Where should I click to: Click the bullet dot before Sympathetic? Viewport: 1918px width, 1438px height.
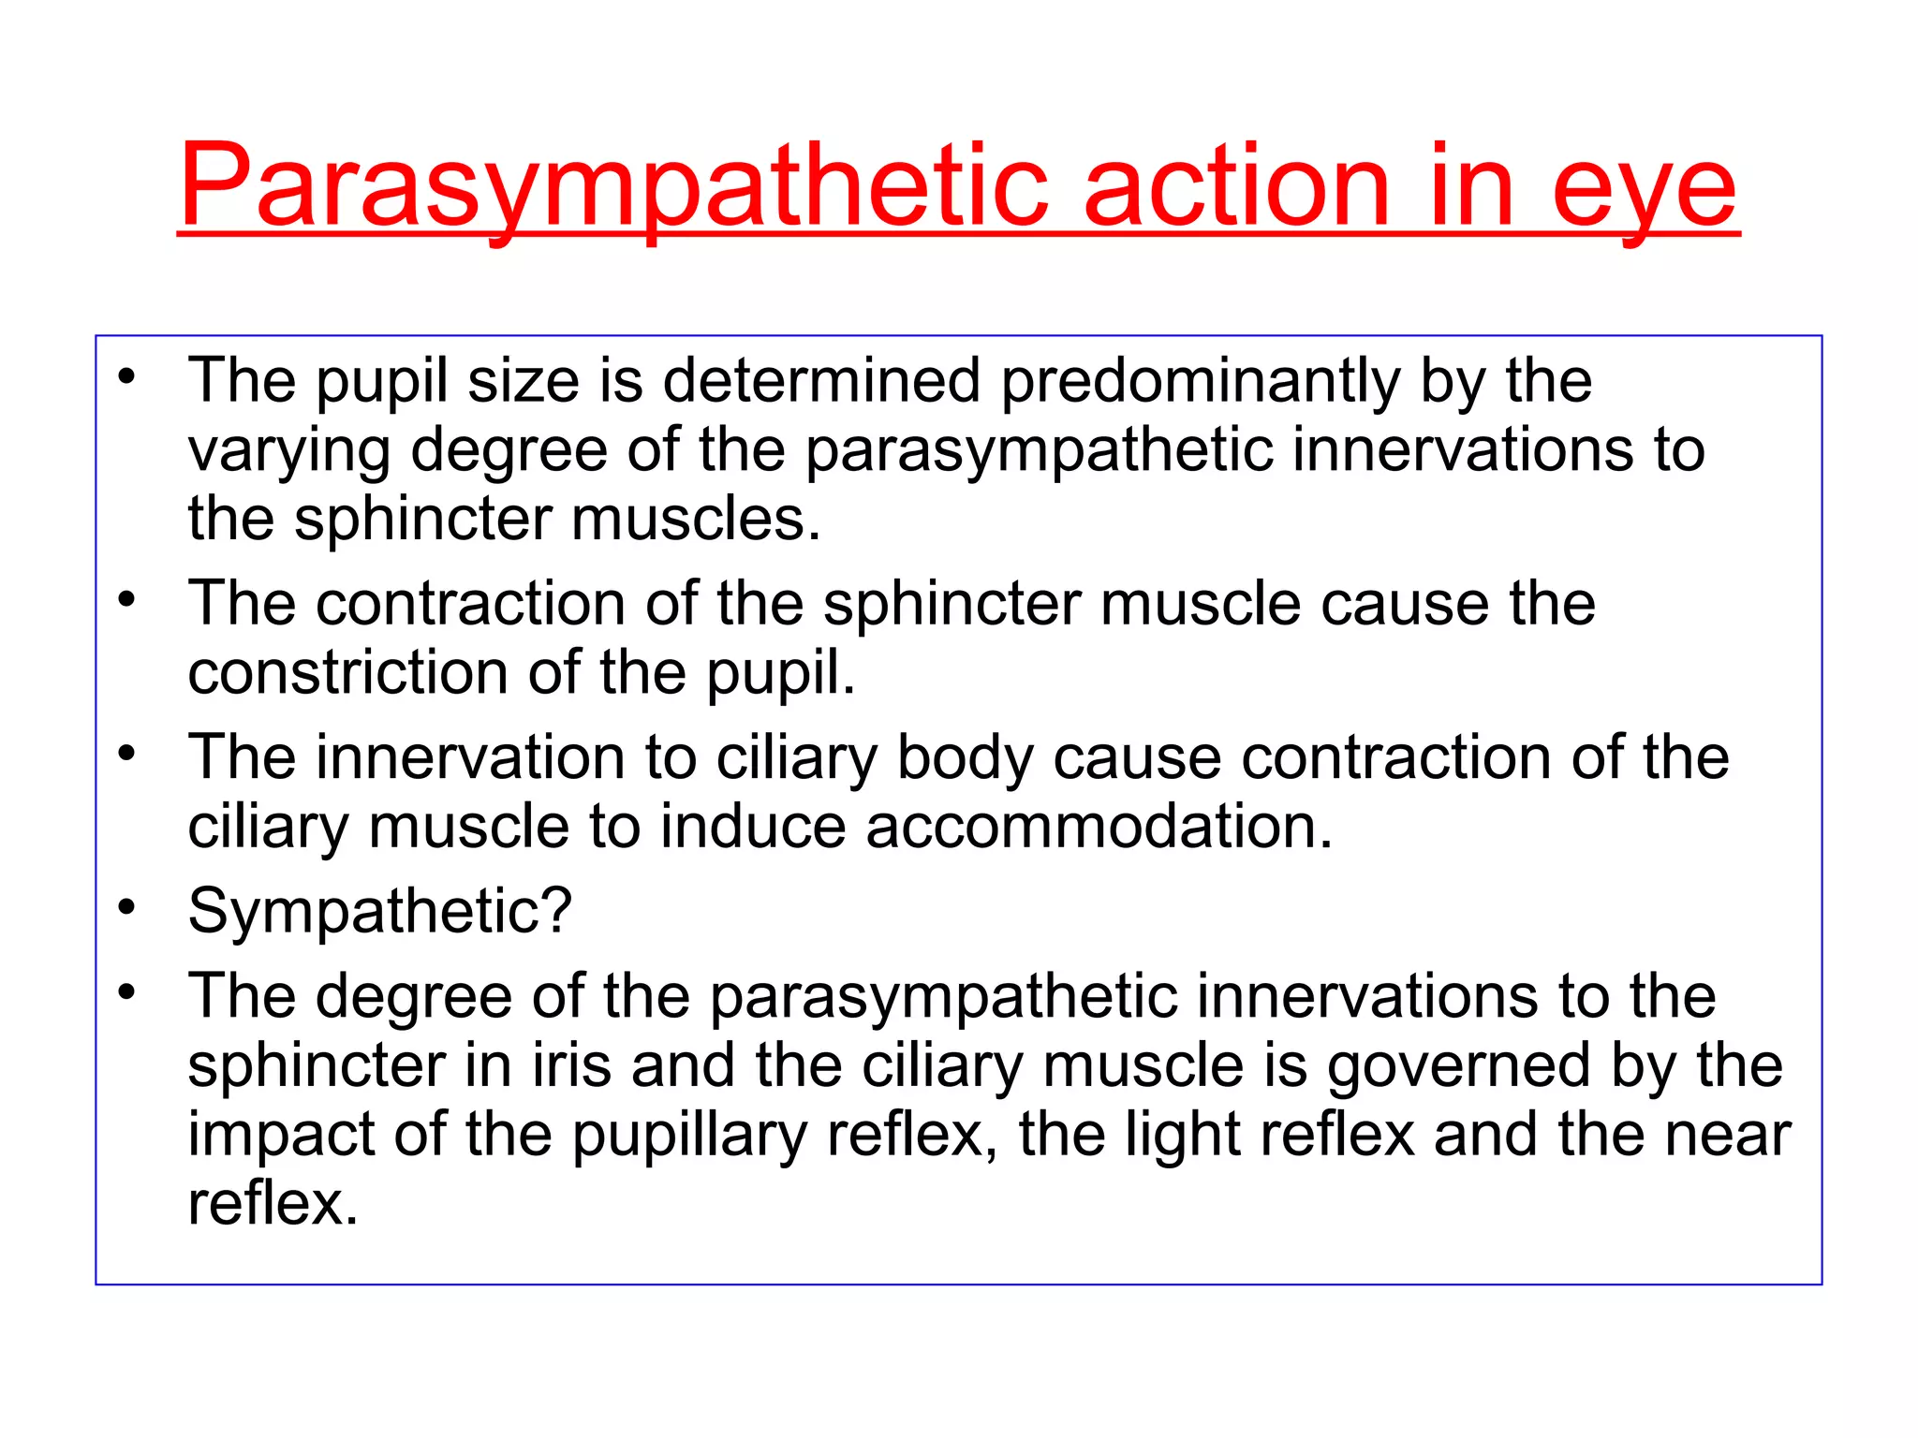127,906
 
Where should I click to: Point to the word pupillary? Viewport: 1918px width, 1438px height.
689,1137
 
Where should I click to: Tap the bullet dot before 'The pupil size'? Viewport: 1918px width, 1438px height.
127,377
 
